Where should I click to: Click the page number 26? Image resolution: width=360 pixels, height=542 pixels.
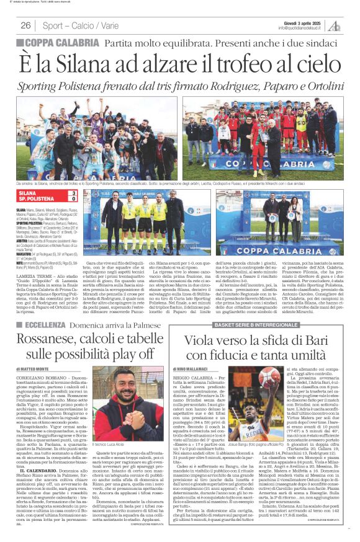pyautogui.click(x=25, y=25)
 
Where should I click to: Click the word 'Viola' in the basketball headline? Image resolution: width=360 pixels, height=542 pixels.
pyautogui.click(x=200, y=341)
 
